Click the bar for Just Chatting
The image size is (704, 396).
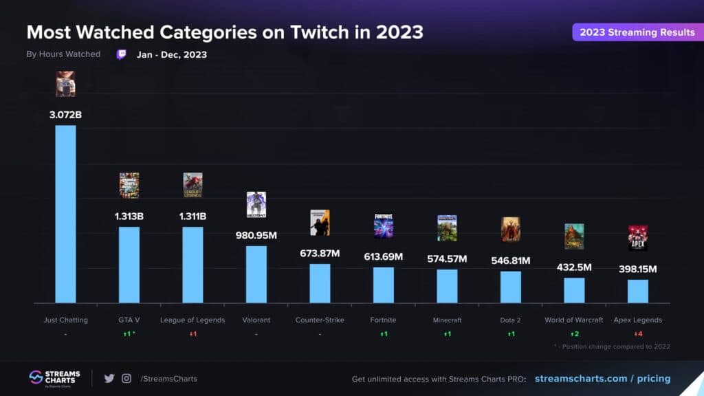65,214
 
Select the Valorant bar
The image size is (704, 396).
256,274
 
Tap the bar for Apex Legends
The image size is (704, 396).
637,291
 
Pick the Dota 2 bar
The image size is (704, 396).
510,287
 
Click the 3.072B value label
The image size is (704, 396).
65,114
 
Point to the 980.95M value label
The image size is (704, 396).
256,235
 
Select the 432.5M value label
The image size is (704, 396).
574,267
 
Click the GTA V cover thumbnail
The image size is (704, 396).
129,185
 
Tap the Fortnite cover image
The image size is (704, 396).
384,225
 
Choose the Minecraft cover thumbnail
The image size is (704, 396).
447,228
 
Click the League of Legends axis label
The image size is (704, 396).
192,320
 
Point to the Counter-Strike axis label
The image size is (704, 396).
320,320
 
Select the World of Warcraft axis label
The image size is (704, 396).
574,320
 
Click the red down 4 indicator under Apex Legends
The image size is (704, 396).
637,334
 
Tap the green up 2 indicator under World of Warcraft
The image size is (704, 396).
574,334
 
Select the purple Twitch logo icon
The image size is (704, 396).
121,54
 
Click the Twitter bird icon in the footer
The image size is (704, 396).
109,378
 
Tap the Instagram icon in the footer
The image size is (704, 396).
126,378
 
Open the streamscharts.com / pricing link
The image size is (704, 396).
602,379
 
